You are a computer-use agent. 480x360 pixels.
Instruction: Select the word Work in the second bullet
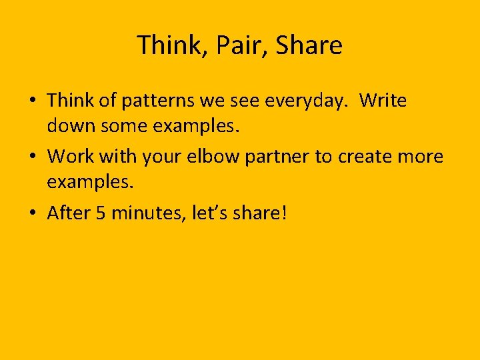[71, 157]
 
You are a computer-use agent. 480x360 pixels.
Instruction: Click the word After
[70, 213]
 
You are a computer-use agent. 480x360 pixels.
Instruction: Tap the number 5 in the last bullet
[101, 213]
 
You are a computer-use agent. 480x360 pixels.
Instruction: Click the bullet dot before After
[33, 213]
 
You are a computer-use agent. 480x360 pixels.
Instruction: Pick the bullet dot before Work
[33, 157]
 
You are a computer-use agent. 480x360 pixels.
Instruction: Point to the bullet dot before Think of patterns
[33, 102]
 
